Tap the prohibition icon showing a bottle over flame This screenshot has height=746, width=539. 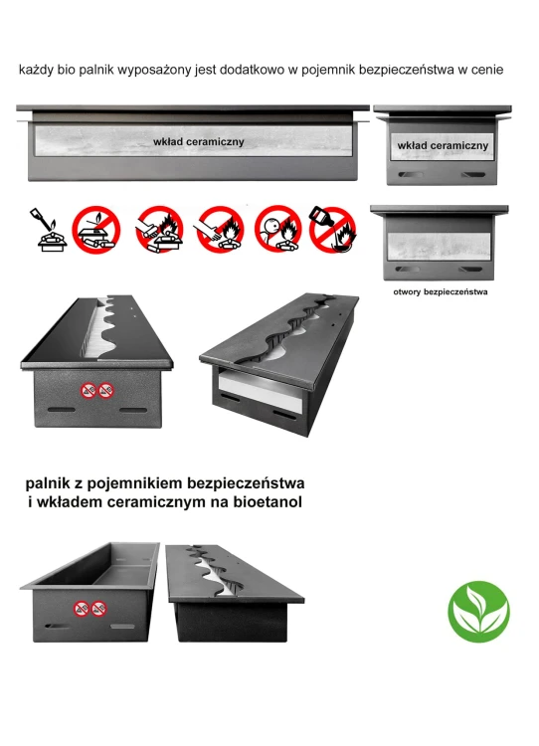click(331, 229)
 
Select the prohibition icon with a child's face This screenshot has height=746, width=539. click(277, 229)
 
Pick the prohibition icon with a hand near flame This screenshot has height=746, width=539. click(219, 229)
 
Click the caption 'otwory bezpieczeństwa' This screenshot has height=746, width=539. click(440, 293)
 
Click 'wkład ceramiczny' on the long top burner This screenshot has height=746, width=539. click(198, 142)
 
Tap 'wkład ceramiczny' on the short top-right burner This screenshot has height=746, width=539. click(442, 146)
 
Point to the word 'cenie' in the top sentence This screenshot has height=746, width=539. click(486, 71)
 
